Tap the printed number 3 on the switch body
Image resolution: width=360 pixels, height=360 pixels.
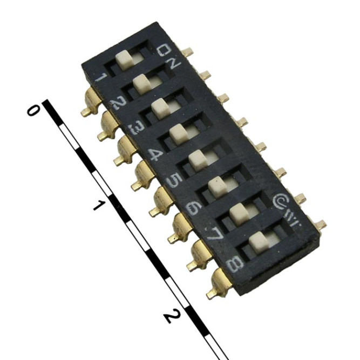(x=137, y=130)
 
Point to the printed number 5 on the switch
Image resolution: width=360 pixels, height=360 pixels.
(x=173, y=181)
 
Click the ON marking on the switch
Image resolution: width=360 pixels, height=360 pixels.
(x=169, y=56)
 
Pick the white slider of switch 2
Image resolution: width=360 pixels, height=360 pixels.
(x=142, y=83)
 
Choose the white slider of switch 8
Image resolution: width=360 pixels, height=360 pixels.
(x=259, y=239)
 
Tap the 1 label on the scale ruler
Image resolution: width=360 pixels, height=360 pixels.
(x=98, y=205)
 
